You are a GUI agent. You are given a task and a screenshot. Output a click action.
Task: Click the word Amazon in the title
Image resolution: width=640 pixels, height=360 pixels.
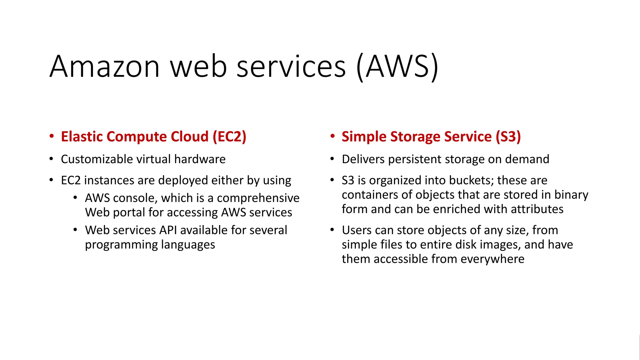(105, 67)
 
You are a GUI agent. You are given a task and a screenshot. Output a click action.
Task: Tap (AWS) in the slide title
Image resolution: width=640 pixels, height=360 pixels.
(397, 67)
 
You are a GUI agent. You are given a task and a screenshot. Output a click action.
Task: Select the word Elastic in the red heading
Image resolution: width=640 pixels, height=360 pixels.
(82, 137)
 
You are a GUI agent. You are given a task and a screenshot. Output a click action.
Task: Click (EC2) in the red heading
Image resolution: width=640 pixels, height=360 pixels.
(229, 137)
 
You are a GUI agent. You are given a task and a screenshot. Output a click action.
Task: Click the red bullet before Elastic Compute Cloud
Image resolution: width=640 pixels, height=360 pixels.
(52, 136)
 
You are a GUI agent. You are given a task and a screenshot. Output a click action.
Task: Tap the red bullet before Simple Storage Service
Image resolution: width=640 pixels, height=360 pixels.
(332, 136)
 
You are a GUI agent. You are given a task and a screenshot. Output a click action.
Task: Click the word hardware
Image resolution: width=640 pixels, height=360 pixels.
(200, 159)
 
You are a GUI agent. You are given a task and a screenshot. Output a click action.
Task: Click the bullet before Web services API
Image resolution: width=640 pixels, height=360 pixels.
(75, 230)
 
